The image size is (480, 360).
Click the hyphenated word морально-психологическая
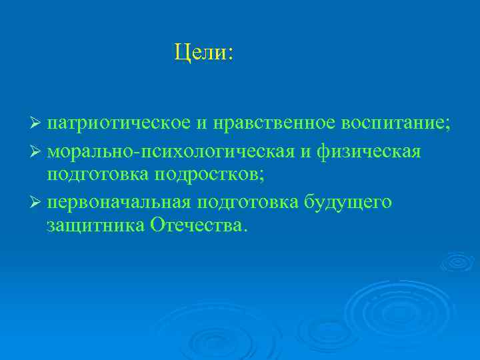click(x=171, y=152)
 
